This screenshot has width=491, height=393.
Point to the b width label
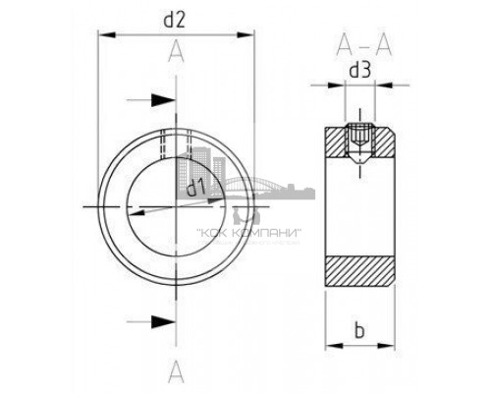coord(361,331)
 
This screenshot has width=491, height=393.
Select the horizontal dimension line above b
coord(361,346)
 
